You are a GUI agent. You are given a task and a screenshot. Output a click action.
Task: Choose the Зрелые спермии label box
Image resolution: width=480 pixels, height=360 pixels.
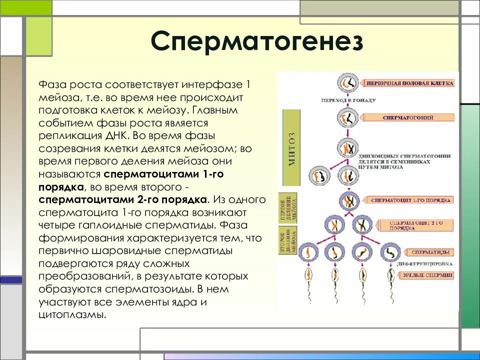point(426,275)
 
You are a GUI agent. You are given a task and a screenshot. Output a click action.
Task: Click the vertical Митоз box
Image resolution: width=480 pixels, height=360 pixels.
point(293,149)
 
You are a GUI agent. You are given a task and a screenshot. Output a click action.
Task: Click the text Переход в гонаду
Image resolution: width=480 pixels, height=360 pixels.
point(348,100)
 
